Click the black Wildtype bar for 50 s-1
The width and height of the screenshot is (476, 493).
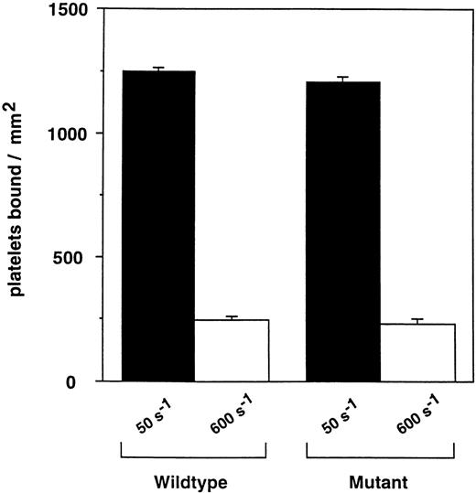click(x=157, y=225)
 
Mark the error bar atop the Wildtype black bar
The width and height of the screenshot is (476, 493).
click(x=157, y=69)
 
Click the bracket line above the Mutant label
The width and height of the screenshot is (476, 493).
click(x=380, y=456)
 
